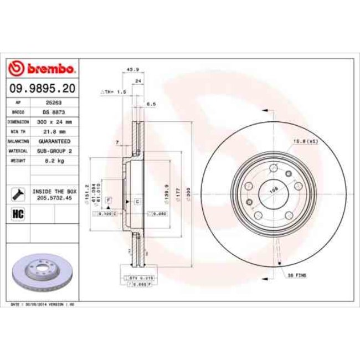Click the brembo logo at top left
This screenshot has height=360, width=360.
[x=42, y=69]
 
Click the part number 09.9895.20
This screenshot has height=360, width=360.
[x=42, y=88]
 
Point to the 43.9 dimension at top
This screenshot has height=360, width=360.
[x=132, y=70]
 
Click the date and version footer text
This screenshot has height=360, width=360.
[x=43, y=305]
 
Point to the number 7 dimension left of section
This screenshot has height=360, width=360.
[x=117, y=143]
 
